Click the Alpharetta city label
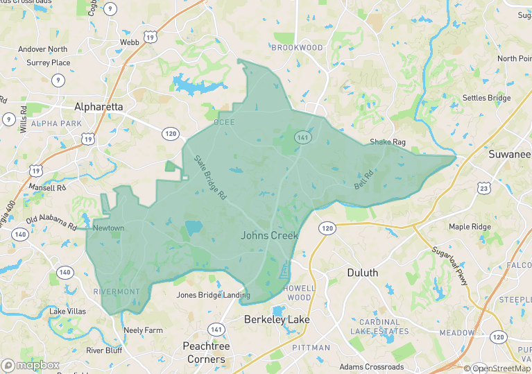point(98,107)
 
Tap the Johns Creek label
point(270,235)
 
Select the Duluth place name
point(362,273)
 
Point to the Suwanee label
point(509,153)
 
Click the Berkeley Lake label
point(277,320)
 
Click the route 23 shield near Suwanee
point(483,187)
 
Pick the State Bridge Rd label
point(209,178)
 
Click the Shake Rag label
point(387,142)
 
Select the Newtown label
point(108,228)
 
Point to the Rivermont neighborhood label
point(117,291)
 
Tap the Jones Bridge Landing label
point(213,295)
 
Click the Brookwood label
point(297,47)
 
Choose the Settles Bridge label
point(486,99)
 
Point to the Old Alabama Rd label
point(51,223)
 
